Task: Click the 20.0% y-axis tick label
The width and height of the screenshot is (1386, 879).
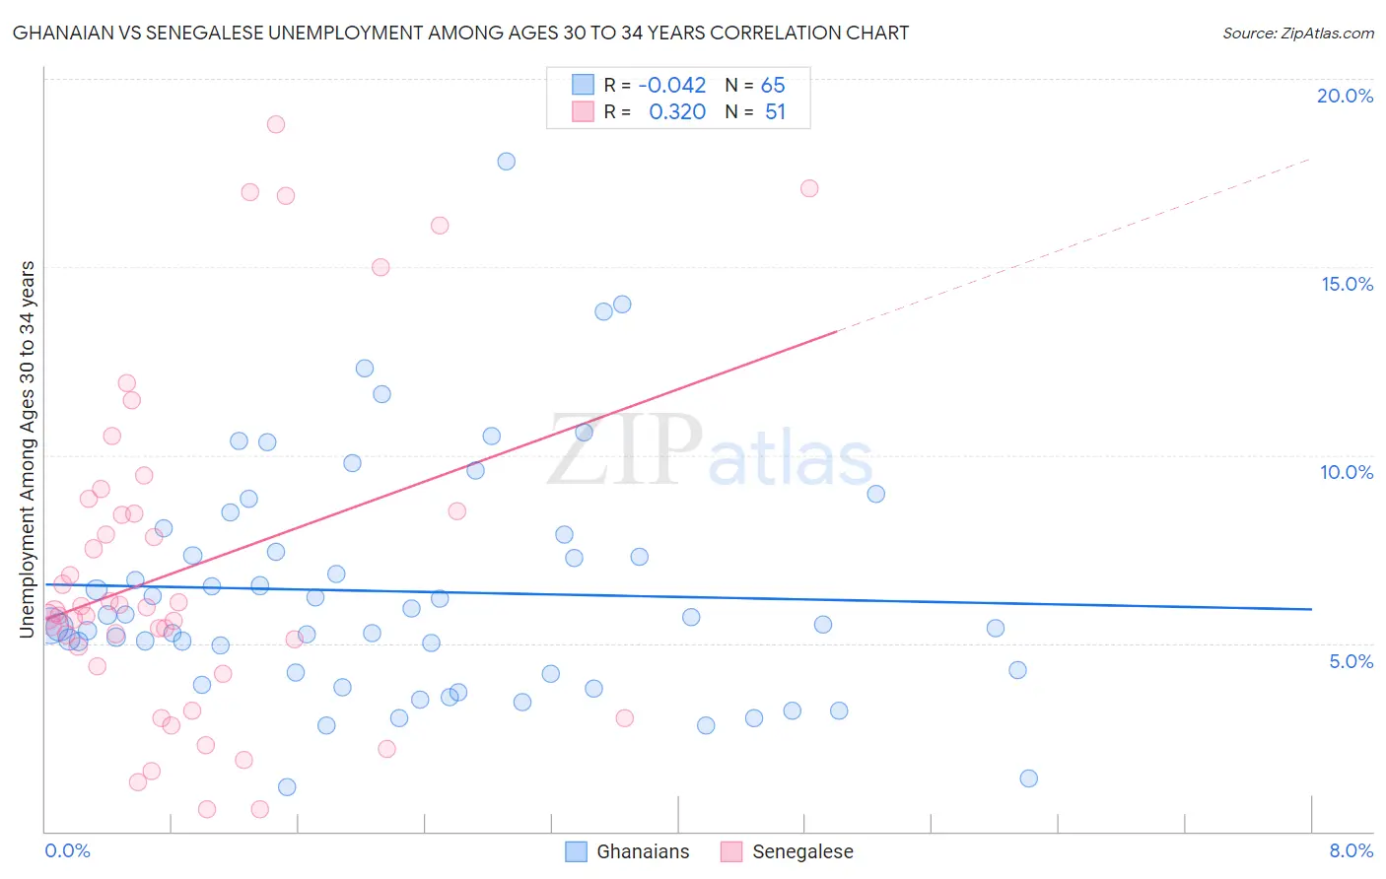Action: pyautogui.click(x=1345, y=96)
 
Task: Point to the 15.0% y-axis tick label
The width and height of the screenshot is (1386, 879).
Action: pyautogui.click(x=1347, y=284)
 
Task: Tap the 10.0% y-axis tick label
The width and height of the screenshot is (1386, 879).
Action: pyautogui.click(x=1347, y=472)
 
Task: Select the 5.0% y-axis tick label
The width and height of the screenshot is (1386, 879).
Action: pyautogui.click(x=1351, y=661)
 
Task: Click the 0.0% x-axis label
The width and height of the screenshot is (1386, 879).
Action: pyautogui.click(x=67, y=850)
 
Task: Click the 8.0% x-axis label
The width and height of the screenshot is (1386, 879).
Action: pyautogui.click(x=1351, y=850)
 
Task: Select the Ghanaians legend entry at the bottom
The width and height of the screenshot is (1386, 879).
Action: pyautogui.click(x=628, y=851)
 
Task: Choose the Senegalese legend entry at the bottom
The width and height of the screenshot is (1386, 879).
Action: pyautogui.click(x=787, y=851)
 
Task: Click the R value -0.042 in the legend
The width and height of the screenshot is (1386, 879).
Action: pyautogui.click(x=672, y=86)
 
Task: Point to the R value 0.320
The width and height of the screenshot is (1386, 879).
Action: pyautogui.click(x=677, y=112)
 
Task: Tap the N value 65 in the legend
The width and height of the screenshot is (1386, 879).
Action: pyautogui.click(x=773, y=86)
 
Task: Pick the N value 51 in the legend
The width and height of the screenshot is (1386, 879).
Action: pyautogui.click(x=775, y=112)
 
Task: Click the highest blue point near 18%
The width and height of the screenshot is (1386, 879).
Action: pyautogui.click(x=507, y=162)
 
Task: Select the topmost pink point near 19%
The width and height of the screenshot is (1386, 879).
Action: pyautogui.click(x=276, y=124)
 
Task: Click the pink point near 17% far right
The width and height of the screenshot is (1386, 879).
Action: pyautogui.click(x=809, y=188)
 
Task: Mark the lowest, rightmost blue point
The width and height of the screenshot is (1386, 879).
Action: pyautogui.click(x=1029, y=778)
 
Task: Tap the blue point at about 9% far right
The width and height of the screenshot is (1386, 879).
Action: pyautogui.click(x=876, y=494)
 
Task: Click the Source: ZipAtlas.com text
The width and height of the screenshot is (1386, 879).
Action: pyautogui.click(x=1297, y=33)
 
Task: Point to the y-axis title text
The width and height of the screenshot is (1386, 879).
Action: pyautogui.click(x=28, y=448)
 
